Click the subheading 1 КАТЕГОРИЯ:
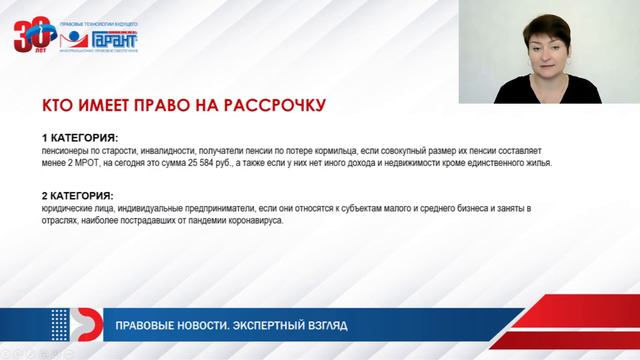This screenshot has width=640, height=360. click(x=80, y=136)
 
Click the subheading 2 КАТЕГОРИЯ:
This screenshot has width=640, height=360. click(x=80, y=195)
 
